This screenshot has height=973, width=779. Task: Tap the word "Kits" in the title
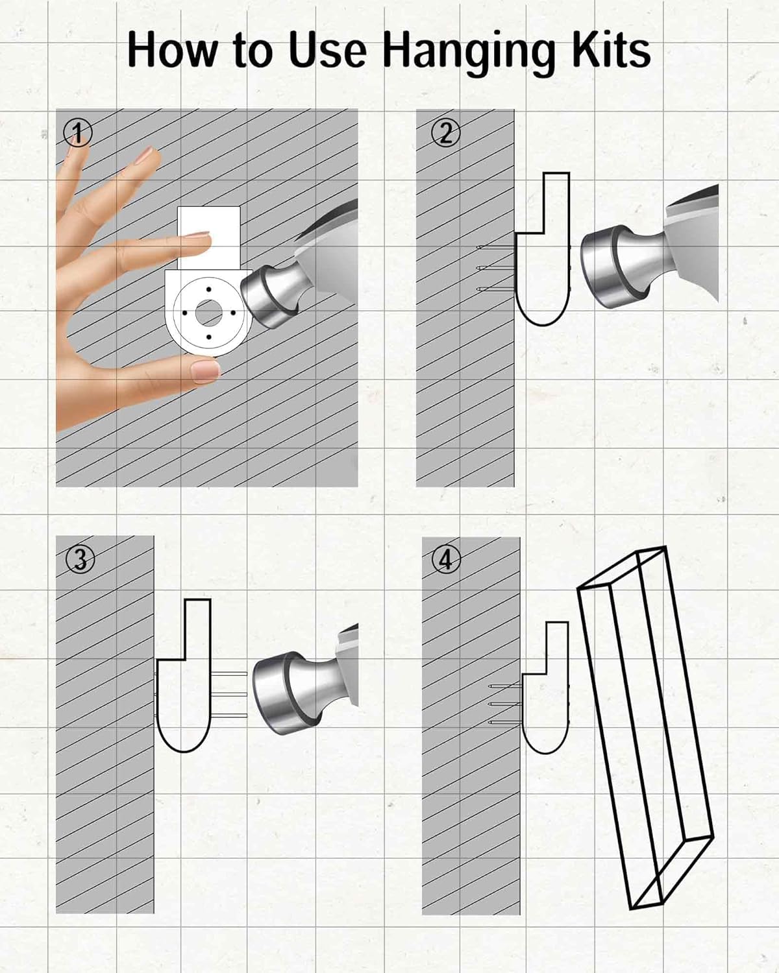tap(611, 49)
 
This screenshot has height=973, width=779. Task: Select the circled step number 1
tap(78, 133)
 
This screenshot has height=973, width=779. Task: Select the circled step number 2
tap(446, 133)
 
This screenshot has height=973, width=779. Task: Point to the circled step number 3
tap(80, 560)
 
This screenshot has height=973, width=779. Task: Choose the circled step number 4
tap(447, 560)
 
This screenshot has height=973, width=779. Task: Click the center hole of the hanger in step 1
tap(208, 313)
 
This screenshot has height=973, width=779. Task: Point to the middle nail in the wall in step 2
tap(496, 268)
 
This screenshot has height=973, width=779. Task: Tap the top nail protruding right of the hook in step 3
tap(229, 674)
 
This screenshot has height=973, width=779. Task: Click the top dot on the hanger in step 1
tap(208, 289)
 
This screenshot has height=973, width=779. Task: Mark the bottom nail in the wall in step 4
tap(505, 723)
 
